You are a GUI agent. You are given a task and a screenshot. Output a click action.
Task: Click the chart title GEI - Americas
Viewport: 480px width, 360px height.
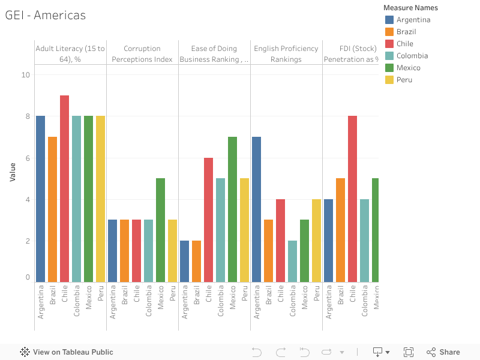click(x=46, y=16)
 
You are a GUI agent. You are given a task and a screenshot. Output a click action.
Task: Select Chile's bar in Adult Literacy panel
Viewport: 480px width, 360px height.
click(x=64, y=188)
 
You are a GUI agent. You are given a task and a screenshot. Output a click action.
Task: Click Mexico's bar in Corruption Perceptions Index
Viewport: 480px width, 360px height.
click(x=160, y=230)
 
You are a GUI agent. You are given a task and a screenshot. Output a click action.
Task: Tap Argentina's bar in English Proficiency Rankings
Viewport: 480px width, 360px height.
click(x=256, y=209)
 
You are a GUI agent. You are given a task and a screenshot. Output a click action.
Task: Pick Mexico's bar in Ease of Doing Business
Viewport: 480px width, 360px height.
click(x=232, y=209)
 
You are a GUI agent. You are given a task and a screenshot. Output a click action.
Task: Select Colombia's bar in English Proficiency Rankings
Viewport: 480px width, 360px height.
click(x=292, y=261)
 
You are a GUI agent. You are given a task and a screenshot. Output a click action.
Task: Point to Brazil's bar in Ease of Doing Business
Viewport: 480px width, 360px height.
click(x=196, y=261)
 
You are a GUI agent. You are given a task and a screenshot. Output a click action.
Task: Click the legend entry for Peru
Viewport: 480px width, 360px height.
click(x=404, y=80)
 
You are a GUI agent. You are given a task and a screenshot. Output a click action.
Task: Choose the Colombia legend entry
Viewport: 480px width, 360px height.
click(x=412, y=56)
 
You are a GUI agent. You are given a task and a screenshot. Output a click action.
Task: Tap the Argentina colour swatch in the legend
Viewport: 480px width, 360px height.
click(x=389, y=20)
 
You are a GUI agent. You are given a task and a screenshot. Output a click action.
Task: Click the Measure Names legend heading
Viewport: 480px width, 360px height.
click(x=410, y=8)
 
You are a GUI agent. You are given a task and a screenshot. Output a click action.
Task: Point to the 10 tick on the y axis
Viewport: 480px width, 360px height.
click(x=25, y=75)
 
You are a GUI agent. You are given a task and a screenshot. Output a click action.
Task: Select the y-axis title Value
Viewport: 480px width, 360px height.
click(x=13, y=172)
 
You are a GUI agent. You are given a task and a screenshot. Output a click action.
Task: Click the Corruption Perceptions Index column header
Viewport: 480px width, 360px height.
click(x=142, y=53)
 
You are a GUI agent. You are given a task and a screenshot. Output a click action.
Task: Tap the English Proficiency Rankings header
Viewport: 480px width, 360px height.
click(x=286, y=53)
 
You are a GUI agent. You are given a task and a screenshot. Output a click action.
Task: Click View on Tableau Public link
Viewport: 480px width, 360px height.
click(x=67, y=352)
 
